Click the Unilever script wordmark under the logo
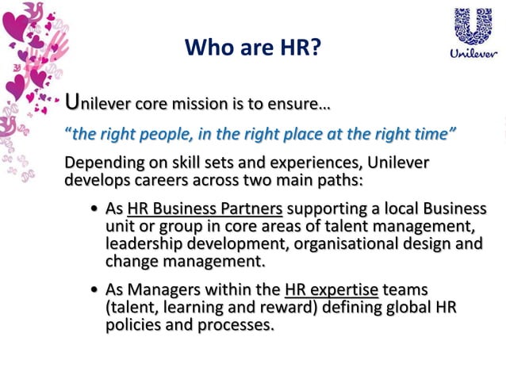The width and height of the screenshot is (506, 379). click(x=473, y=54)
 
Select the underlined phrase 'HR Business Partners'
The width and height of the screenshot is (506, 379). click(x=205, y=209)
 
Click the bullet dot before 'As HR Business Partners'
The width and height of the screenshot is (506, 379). click(x=94, y=209)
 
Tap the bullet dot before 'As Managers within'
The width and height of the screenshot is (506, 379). click(x=94, y=291)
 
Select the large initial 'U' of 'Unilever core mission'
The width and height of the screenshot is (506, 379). click(x=72, y=101)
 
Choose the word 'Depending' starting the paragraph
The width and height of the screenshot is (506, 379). click(x=102, y=163)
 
